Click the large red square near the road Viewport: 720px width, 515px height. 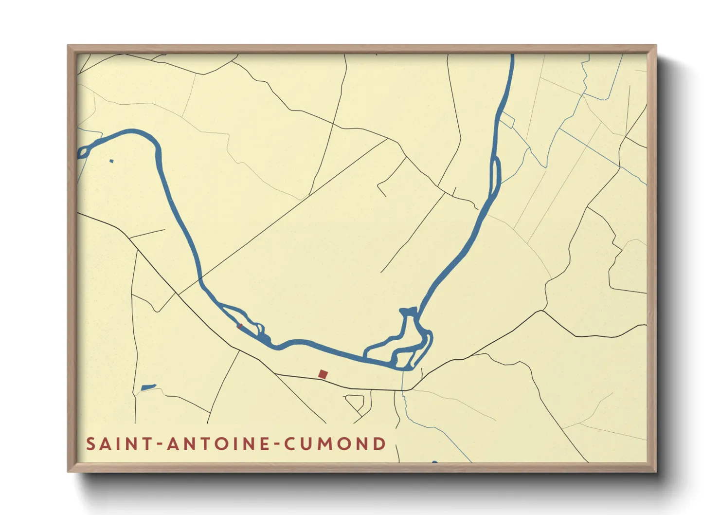tap(323, 374)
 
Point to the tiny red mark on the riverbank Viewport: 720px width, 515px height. tap(239, 326)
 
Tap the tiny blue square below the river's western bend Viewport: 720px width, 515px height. tap(111, 161)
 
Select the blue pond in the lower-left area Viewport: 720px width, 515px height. tap(148, 387)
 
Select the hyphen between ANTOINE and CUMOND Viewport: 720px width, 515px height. tap(277, 444)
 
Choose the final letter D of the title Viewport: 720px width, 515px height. tap(379, 444)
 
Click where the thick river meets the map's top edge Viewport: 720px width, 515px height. tap(512, 55)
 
